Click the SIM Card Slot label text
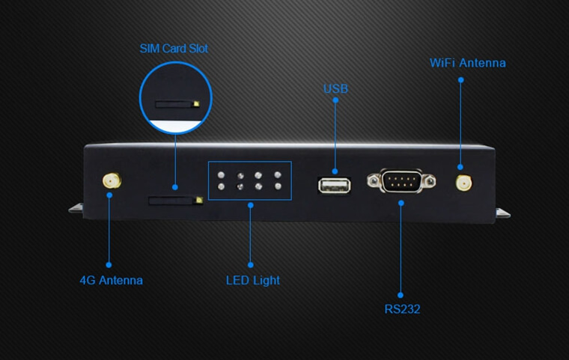174,48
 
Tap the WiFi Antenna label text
468,63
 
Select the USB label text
335,88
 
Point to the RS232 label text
402,309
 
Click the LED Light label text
253,280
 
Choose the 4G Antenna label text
111,280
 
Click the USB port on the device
334,186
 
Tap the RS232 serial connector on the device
401,180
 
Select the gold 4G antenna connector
112,180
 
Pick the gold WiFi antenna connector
463,183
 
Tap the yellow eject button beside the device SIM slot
199,200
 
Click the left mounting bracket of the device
76,208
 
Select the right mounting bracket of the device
503,213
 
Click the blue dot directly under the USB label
335,100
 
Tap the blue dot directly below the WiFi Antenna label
461,80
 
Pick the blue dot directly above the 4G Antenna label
109,265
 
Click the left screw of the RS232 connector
374,180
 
